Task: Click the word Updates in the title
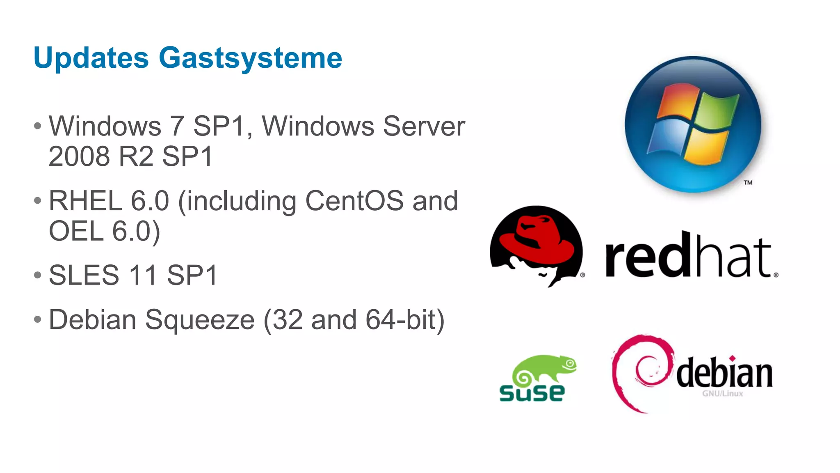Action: [91, 58]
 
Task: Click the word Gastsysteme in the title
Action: [250, 58]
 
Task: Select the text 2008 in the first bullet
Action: [79, 156]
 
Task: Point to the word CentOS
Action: [354, 201]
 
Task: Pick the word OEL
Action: [76, 231]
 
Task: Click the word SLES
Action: [84, 276]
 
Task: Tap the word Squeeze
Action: [200, 320]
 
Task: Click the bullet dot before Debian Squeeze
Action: [38, 319]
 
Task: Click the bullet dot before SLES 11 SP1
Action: [38, 275]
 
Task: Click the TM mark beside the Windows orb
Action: [748, 183]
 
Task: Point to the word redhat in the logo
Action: [689, 257]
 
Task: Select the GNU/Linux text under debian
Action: [722, 394]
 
